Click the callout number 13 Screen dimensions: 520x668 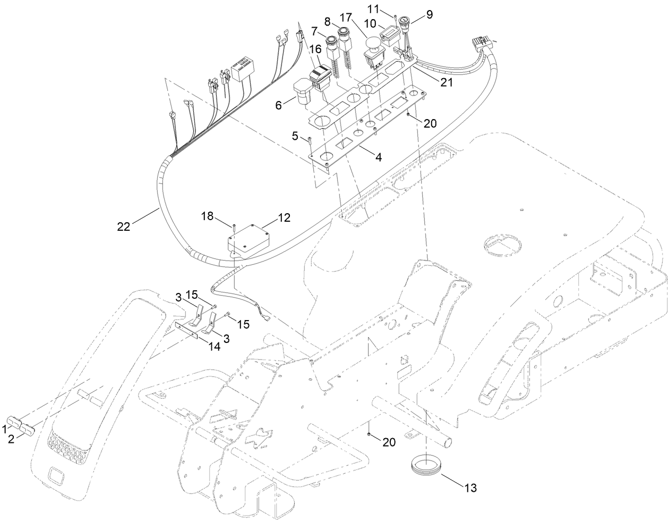pos(470,487)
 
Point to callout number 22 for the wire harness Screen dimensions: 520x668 pos(123,226)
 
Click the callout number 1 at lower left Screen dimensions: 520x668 pos(5,427)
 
